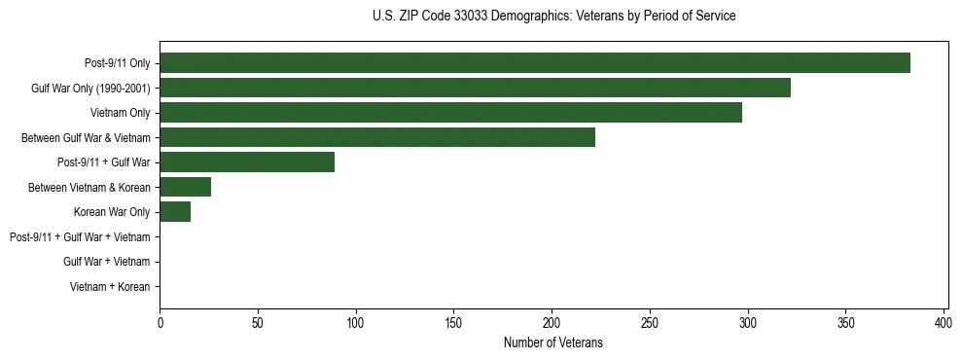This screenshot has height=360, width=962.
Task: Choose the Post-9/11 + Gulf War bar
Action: coord(247,162)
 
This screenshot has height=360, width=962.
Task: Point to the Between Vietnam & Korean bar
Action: coord(185,187)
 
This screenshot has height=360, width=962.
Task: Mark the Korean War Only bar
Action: coord(175,212)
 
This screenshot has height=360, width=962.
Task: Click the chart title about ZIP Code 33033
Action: coord(553,16)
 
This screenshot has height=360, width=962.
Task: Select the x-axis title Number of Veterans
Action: coord(553,342)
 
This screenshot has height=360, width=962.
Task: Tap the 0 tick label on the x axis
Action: coord(160,322)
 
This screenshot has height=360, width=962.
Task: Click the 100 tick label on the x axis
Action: coord(356,322)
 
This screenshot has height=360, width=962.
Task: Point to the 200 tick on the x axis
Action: coord(552,322)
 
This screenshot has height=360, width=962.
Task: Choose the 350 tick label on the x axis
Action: coord(846,322)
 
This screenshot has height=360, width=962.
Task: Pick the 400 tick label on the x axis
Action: coord(944,322)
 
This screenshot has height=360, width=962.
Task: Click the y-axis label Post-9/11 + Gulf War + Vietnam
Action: coord(80,237)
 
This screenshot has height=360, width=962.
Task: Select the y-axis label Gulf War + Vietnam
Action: coord(106,262)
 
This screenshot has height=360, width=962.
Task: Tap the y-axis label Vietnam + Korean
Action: coord(110,287)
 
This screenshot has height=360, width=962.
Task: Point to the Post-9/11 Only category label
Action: coord(117,63)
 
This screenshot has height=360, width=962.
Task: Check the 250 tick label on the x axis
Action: coord(650,322)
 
